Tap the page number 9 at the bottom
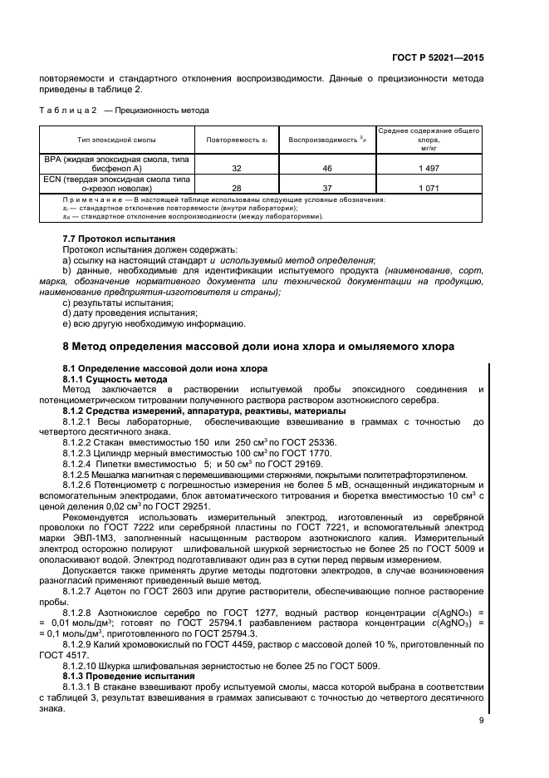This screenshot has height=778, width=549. [480, 721]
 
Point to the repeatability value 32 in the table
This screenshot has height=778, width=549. [237, 167]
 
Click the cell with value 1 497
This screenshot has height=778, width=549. [428, 167]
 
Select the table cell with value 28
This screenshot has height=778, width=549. [237, 188]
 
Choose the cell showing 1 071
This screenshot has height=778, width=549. [428, 188]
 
